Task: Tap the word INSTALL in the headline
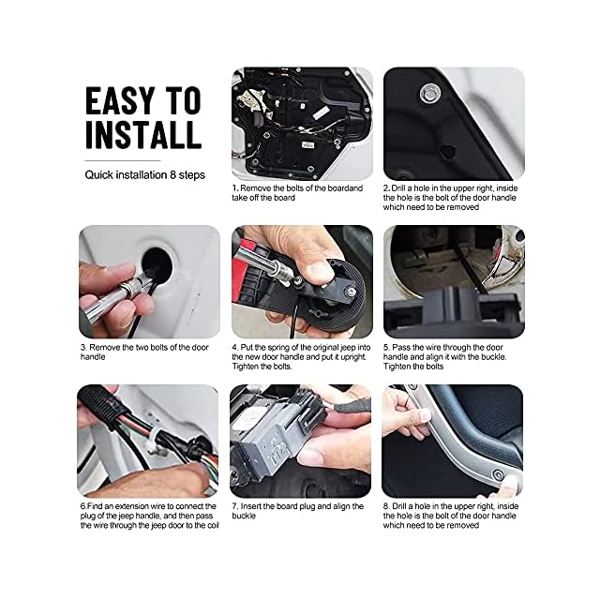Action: [143, 135]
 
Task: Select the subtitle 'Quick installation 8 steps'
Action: [144, 175]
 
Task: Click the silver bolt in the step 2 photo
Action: [429, 94]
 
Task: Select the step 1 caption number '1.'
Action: [235, 188]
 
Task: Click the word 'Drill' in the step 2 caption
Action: [398, 188]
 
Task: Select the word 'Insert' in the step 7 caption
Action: [251, 506]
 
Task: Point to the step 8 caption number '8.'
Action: [386, 506]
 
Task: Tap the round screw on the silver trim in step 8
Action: [498, 475]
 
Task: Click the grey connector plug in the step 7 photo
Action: [276, 440]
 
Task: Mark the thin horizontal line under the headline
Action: [123, 160]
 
